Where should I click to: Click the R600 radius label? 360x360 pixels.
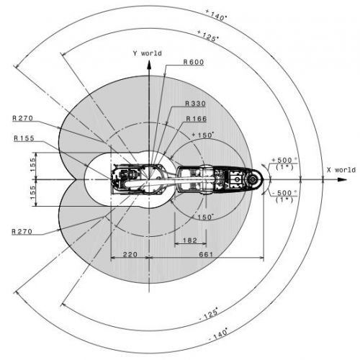(194, 62)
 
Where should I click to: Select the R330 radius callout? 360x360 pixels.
(195, 104)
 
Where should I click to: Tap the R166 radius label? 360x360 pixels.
(197, 119)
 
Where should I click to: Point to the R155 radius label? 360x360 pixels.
(24, 138)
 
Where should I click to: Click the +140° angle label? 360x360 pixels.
(216, 15)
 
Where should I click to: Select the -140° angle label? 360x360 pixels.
(218, 334)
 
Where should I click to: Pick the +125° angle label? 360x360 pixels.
(208, 36)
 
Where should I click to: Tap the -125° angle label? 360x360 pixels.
(209, 315)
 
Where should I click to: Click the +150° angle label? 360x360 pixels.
(202, 135)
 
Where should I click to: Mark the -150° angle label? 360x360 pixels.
(203, 217)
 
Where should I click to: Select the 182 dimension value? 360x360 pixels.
(190, 240)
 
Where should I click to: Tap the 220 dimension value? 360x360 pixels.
(130, 254)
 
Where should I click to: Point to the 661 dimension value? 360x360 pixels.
(206, 254)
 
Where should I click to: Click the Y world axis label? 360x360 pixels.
(148, 53)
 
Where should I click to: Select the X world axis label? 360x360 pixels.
(341, 170)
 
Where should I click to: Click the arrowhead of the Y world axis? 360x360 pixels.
(149, 65)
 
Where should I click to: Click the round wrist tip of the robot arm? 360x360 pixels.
(254, 179)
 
